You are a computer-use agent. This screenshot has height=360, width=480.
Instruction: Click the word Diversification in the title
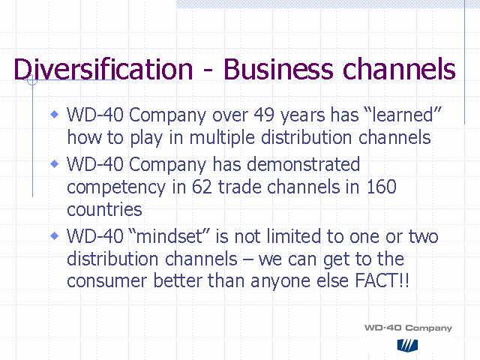tap(103, 69)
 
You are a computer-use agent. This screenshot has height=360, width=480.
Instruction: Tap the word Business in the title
tap(278, 69)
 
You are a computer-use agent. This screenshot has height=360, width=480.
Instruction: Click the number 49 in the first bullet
tap(264, 115)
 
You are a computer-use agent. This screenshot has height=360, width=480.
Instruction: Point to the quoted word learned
tap(403, 115)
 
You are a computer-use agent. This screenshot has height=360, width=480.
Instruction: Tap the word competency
tap(116, 187)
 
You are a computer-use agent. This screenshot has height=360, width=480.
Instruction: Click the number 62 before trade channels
tap(202, 187)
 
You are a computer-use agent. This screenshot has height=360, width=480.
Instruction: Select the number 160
tap(382, 187)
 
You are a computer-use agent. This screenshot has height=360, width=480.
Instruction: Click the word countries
tap(104, 209)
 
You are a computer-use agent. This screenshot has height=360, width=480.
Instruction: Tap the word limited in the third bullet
tap(293, 236)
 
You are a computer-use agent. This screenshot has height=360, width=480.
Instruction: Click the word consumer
tap(107, 281)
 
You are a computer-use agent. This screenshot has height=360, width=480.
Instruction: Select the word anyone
tap(280, 282)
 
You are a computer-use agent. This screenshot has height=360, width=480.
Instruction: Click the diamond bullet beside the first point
tap(55, 115)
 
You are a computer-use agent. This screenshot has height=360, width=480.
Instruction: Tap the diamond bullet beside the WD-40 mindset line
tap(55, 235)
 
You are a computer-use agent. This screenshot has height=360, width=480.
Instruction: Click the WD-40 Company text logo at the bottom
tap(408, 328)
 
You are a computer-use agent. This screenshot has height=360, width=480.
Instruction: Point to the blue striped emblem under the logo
tap(407, 345)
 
